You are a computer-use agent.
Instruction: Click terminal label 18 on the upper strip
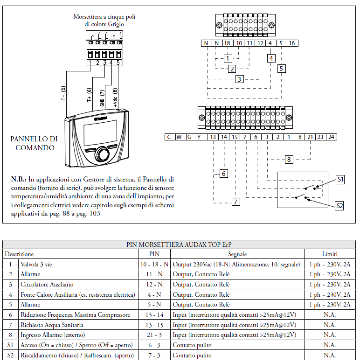pyautogui.click(x=227, y=43)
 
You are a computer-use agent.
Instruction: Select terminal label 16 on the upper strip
pyautogui.click(x=292, y=43)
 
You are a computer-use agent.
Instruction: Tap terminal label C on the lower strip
pyautogui.click(x=169, y=137)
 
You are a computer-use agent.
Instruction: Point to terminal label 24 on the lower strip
pyautogui.click(x=331, y=137)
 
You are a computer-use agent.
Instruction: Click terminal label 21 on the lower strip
pyautogui.click(x=310, y=137)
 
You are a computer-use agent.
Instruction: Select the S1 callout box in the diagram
pyautogui.click(x=340, y=179)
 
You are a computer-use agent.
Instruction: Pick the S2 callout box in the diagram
pyautogui.click(x=340, y=205)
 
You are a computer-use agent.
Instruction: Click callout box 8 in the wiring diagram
pyautogui.click(x=289, y=160)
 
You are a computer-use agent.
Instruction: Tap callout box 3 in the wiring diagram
pyautogui.click(x=239, y=79)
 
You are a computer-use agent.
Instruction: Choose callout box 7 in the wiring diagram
pyautogui.click(x=236, y=202)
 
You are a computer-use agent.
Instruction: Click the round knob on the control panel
pyautogui.click(x=102, y=154)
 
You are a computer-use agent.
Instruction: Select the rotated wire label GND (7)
pyautogui.click(x=103, y=98)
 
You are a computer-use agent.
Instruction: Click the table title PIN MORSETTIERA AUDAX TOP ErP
pyautogui.click(x=180, y=244)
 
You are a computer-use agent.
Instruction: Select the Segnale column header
pyautogui.click(x=237, y=254)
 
